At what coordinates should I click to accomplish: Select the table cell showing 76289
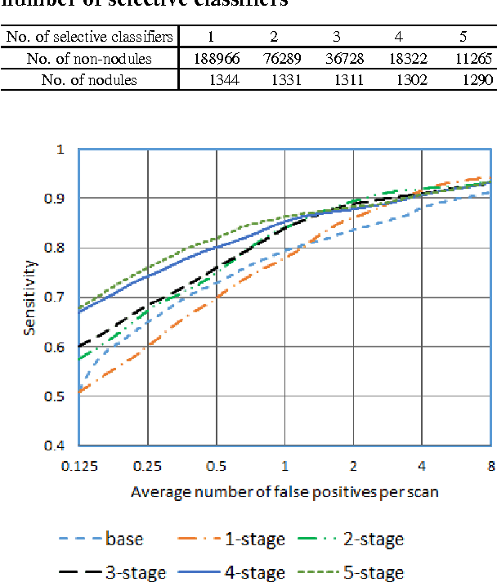276,59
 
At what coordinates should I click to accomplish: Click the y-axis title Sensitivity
30,298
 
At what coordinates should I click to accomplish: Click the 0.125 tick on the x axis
78,465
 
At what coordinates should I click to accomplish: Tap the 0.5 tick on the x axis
216,465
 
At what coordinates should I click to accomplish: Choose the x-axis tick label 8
490,465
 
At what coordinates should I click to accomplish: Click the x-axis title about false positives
284,493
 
